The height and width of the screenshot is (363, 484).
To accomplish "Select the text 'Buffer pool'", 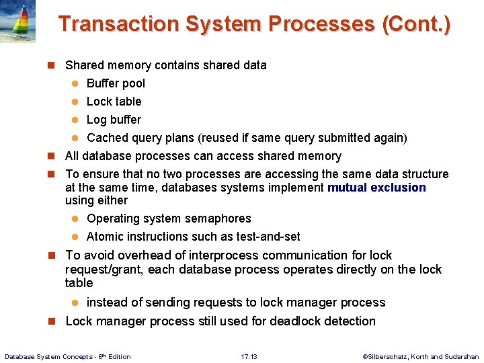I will [116, 83].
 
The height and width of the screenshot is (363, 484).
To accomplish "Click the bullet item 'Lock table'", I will [114, 102].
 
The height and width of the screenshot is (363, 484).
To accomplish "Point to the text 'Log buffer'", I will [114, 120].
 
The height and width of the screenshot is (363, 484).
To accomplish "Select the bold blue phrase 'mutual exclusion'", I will [376, 188].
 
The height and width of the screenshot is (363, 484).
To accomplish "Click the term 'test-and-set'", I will [267, 237].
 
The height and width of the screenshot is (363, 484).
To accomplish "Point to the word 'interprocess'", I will [224, 255].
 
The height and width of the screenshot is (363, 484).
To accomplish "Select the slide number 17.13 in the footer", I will [249, 356].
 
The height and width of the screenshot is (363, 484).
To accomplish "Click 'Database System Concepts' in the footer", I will [50, 356].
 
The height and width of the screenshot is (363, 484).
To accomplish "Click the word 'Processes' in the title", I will [322, 24].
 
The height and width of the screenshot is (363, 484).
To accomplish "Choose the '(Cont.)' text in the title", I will [416, 24].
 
